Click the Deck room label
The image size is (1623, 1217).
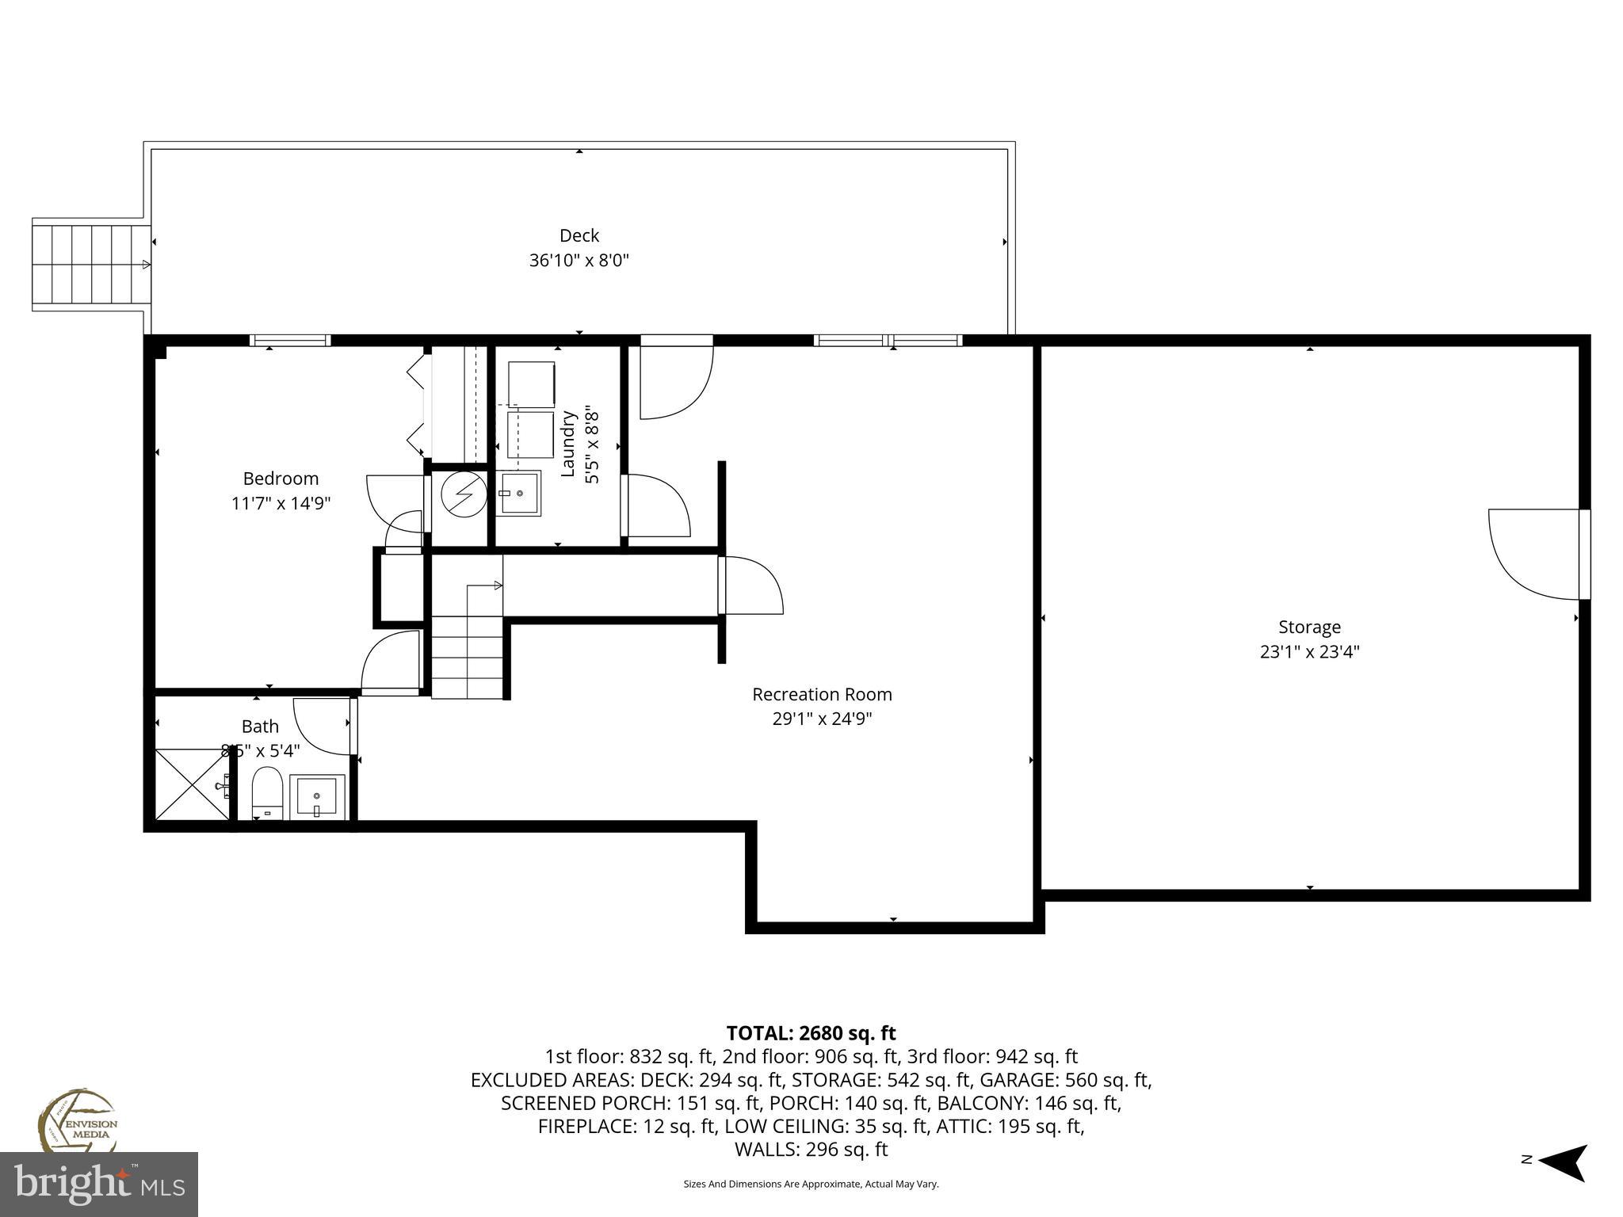[x=579, y=235]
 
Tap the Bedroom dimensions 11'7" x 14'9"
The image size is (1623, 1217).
[x=281, y=503]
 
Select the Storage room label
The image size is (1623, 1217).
[x=1309, y=627]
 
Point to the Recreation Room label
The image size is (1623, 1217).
[x=822, y=694]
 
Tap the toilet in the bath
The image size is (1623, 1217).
[x=267, y=791]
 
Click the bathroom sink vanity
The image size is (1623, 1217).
[x=317, y=796]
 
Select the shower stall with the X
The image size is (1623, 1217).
[x=191, y=784]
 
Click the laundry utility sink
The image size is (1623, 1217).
[x=518, y=493]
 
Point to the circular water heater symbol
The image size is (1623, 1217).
[x=464, y=494]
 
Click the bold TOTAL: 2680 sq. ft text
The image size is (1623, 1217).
[x=811, y=1033]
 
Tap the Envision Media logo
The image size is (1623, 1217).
[x=77, y=1121]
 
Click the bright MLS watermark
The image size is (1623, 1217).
[x=99, y=1185]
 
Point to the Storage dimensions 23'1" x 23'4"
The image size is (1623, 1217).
[x=1309, y=652]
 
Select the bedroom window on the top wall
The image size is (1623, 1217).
[x=290, y=341]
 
